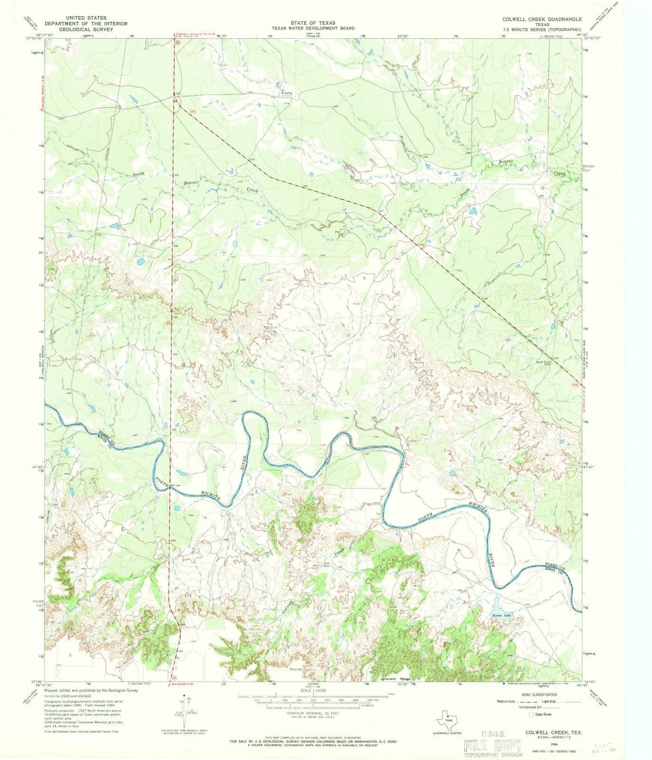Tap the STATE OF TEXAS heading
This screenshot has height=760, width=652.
click(x=314, y=23)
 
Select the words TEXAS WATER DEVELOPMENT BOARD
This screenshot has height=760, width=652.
click(x=314, y=28)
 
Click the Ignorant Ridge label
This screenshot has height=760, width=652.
click(x=395, y=679)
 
